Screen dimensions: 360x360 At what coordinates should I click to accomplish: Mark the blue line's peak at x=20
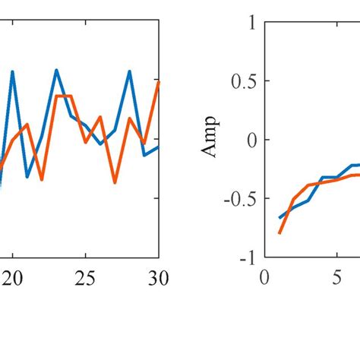tap(12, 71)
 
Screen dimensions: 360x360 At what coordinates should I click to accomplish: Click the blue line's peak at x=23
tap(56, 70)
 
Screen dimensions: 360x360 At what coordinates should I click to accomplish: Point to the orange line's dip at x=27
tap(115, 182)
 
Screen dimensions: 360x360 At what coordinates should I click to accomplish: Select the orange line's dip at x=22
tap(42, 180)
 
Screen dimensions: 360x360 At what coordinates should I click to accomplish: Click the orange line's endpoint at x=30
tap(159, 81)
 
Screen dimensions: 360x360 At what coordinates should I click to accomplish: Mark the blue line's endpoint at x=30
tap(159, 147)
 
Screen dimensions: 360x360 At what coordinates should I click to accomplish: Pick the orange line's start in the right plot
tap(279, 232)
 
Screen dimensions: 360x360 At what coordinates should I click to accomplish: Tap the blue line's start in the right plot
tap(279, 218)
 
